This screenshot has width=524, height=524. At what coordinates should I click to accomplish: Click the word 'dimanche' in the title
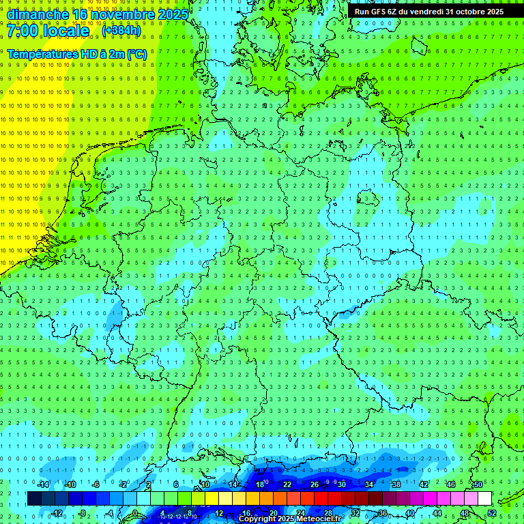pyautogui.click(x=37, y=14)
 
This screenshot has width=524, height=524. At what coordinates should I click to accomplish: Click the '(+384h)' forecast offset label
pyautogui.click(x=121, y=31)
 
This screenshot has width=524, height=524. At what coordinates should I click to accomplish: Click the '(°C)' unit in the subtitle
pyautogui.click(x=136, y=54)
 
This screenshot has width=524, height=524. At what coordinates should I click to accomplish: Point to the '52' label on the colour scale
pyautogui.click(x=492, y=513)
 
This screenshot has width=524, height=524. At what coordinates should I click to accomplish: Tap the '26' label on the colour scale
pyautogui.click(x=315, y=484)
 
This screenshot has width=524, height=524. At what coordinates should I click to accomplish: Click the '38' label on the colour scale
pyautogui.click(x=396, y=484)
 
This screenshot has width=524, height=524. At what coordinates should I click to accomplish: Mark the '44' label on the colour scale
pyautogui.click(x=437, y=513)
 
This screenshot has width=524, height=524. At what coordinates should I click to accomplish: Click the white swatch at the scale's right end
pyautogui.click(x=484, y=499)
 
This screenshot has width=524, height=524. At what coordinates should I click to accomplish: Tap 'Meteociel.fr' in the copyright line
pyautogui.click(x=318, y=519)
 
